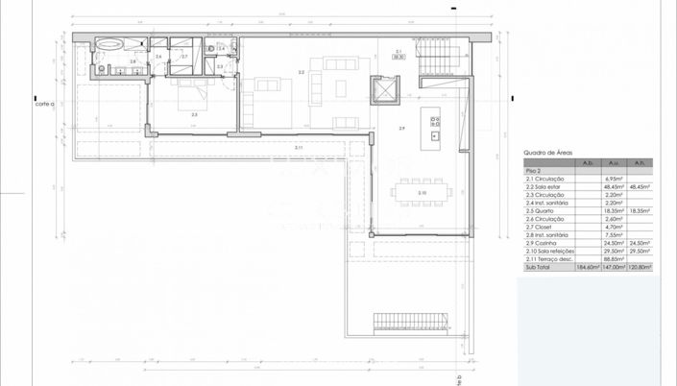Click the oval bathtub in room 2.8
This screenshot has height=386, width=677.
107,43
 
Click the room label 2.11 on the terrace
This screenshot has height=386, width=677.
299,147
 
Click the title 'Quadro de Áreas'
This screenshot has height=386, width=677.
548,153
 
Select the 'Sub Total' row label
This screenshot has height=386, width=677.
538,269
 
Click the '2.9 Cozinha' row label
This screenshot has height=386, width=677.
544,244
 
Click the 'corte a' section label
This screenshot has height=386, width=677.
44,103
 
